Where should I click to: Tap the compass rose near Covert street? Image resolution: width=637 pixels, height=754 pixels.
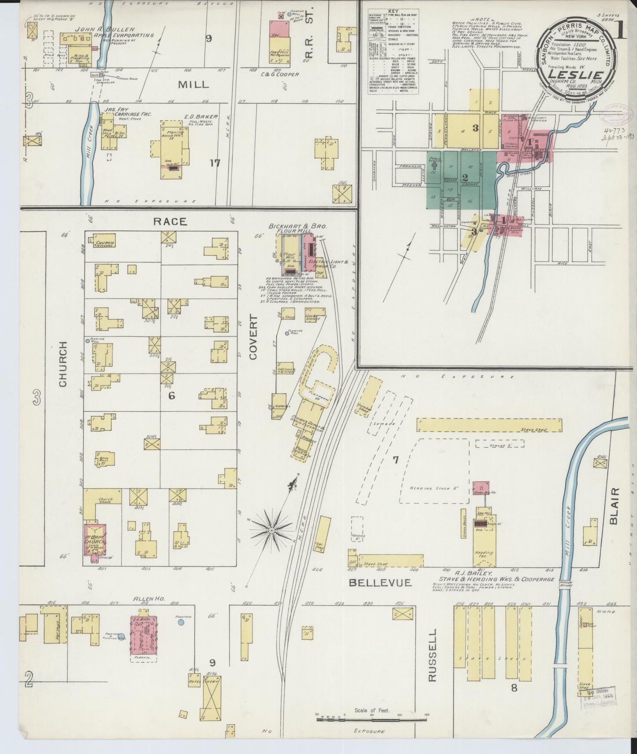272,529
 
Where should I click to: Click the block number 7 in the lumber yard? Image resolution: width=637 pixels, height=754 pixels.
395,460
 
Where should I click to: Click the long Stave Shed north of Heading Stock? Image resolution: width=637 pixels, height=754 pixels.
489,425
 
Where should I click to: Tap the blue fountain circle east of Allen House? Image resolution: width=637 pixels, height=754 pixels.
181,623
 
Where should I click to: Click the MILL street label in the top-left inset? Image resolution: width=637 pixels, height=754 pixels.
194,85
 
